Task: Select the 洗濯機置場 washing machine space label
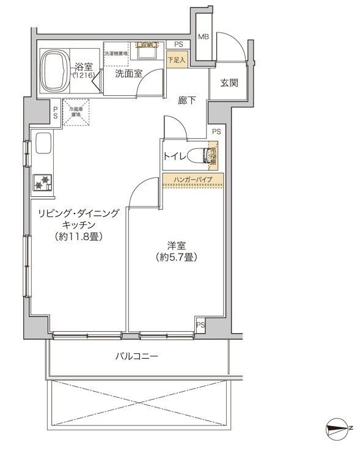(116, 54)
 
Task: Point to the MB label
(204, 37)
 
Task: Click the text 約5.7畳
(175, 257)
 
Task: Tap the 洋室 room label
(176, 246)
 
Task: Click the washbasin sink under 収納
(146, 53)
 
